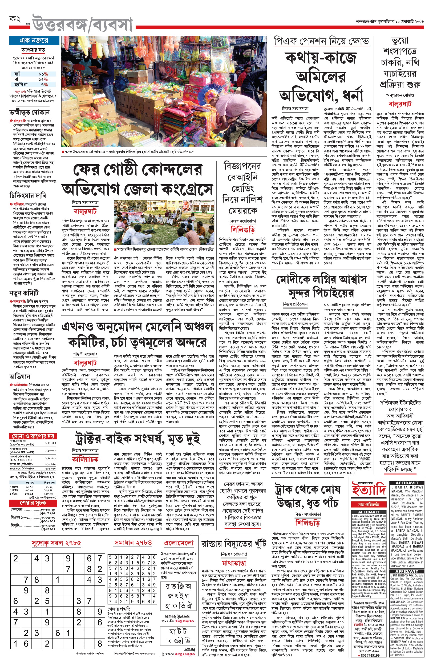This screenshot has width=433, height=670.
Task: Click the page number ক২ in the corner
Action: [15, 19]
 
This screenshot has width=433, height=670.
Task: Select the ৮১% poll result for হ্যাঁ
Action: [43, 74]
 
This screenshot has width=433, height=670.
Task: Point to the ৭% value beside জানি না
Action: [44, 84]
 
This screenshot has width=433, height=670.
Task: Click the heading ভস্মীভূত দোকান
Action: [30, 112]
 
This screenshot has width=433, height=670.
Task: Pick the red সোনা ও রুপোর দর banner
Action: [33, 436]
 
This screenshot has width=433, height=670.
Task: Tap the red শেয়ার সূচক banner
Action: [33, 502]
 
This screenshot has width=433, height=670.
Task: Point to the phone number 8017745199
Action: [370, 663]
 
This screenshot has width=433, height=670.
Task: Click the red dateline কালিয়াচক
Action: [85, 459]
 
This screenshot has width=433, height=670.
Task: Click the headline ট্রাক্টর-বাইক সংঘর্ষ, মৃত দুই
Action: [138, 439]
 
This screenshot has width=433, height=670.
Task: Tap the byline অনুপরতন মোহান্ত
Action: [400, 95]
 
